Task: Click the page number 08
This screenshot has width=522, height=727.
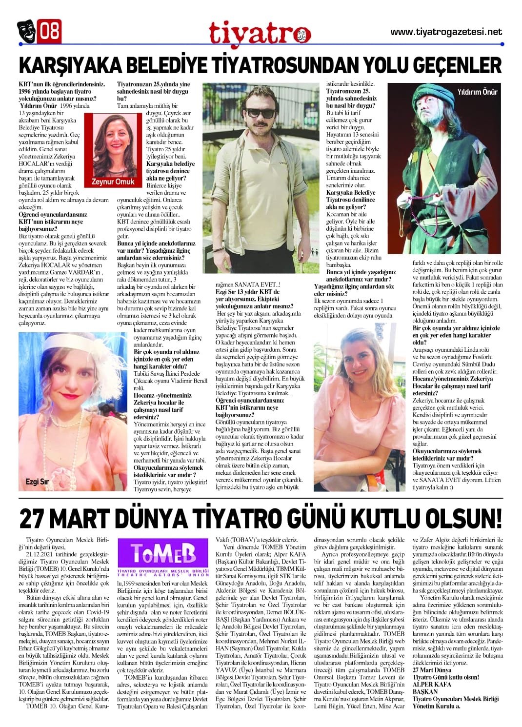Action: (50, 31)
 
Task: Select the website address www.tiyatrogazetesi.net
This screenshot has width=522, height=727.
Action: (446, 32)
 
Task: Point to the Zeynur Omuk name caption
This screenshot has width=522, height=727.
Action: (113, 182)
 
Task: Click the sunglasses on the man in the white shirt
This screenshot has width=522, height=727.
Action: (260, 113)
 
